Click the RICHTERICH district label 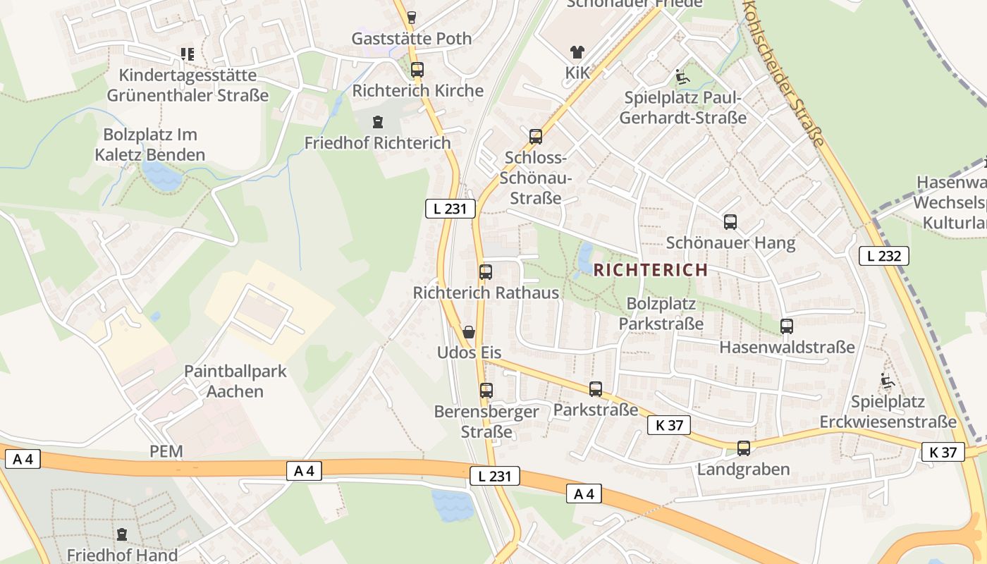point(650,269)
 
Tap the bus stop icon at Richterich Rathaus point(486,272)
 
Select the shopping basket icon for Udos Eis point(469,331)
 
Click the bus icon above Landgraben point(743,448)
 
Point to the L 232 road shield point(883,256)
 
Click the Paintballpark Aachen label point(235,381)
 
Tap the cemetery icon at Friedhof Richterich point(378,122)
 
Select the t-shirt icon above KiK point(577,51)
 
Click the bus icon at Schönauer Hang point(730,222)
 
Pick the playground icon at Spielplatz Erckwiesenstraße point(887,381)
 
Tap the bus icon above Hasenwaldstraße point(787,326)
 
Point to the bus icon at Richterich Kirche point(417,70)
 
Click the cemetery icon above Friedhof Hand point(122,534)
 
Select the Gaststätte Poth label point(412,38)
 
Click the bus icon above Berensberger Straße point(486,390)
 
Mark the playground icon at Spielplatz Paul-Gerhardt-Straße point(682,77)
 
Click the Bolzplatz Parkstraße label point(661,314)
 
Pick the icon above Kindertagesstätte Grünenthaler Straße point(187,54)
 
